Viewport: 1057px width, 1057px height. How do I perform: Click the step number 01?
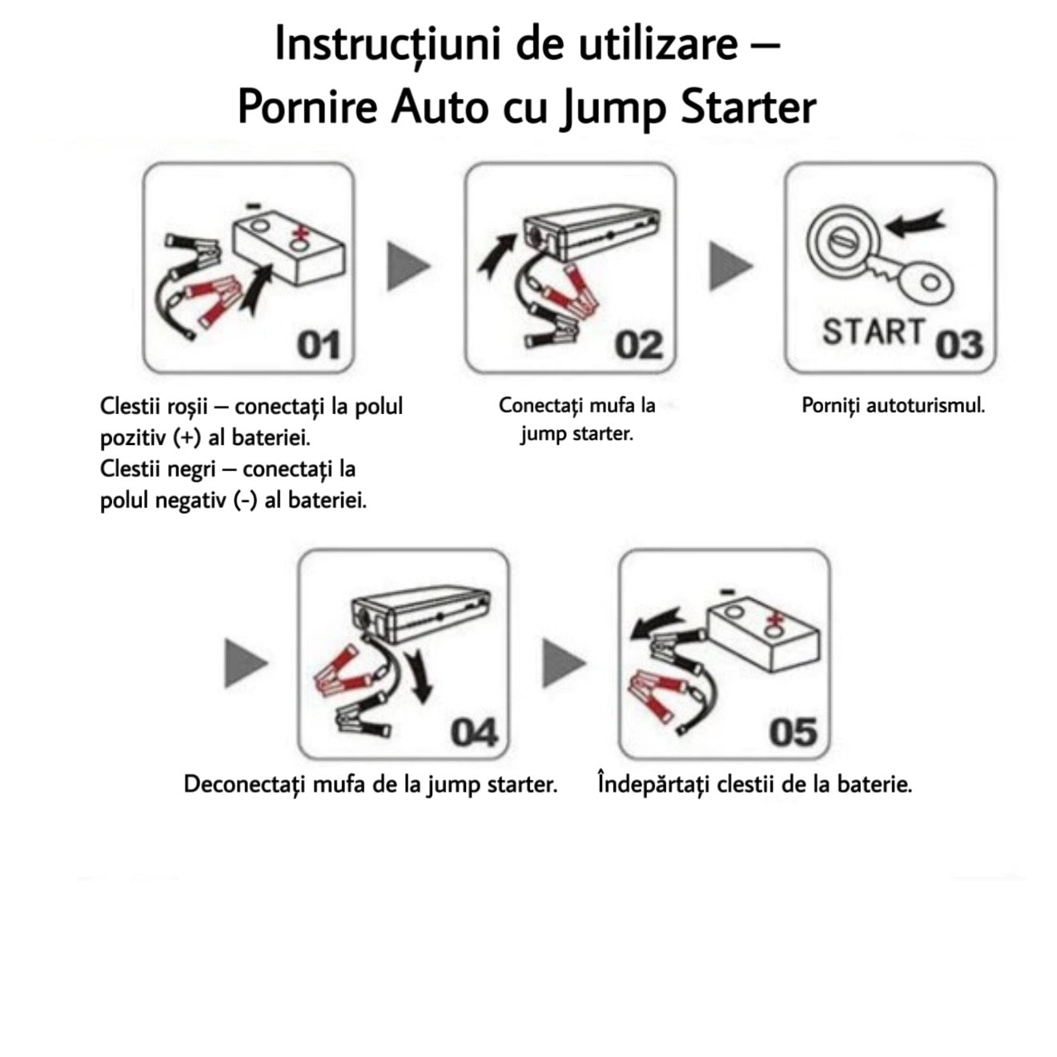tap(318, 345)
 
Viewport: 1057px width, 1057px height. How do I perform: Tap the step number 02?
tap(638, 345)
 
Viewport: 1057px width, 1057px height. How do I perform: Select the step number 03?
tap(959, 345)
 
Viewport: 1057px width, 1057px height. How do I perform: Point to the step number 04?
tap(473, 732)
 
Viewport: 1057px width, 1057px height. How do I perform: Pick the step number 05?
tap(793, 732)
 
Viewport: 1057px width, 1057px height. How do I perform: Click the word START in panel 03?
tap(873, 332)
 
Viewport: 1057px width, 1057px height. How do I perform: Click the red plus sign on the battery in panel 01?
tap(300, 235)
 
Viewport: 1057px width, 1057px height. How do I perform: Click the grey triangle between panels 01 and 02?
tap(408, 267)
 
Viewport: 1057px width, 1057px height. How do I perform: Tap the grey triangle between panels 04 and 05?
tap(564, 662)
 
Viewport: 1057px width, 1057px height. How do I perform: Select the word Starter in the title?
tap(748, 107)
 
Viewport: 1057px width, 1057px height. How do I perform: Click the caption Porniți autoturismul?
tap(893, 405)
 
